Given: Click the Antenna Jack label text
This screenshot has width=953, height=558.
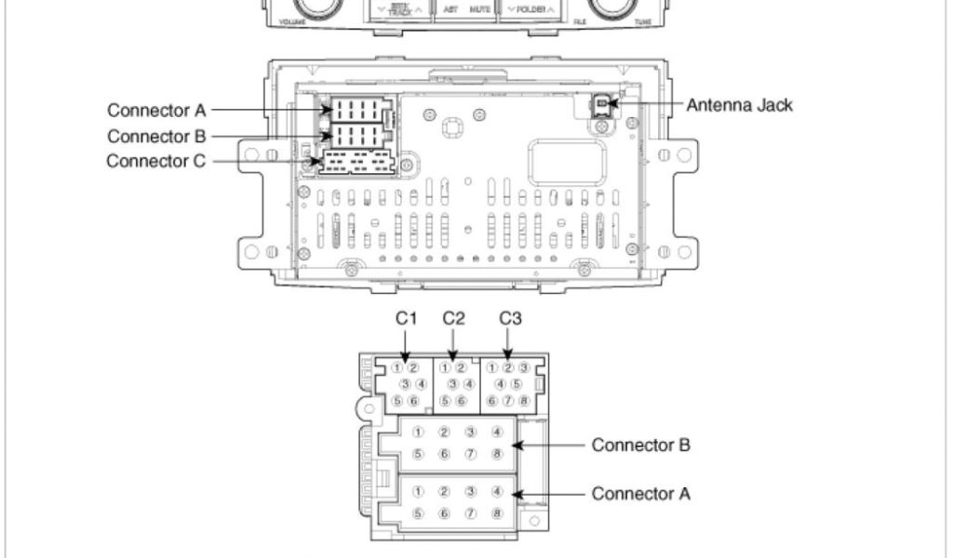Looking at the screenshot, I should click(x=739, y=105).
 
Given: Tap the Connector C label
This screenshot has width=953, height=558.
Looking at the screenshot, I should click(x=155, y=161).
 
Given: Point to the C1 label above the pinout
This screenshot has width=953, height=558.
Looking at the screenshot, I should click(x=406, y=319).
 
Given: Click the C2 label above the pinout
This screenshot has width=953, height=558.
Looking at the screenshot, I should click(x=453, y=319).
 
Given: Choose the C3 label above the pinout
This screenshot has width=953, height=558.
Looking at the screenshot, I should click(x=509, y=319).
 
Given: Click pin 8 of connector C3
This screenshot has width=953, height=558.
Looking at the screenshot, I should click(x=524, y=401).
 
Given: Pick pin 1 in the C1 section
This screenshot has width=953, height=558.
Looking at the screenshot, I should click(x=397, y=367).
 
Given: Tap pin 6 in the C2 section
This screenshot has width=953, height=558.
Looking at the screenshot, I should click(x=460, y=401).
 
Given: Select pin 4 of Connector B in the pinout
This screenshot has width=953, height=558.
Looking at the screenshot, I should click(x=498, y=432).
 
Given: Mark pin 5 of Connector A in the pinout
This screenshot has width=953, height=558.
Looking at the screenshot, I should click(x=419, y=512).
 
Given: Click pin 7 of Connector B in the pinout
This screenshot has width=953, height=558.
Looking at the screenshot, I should click(x=472, y=454).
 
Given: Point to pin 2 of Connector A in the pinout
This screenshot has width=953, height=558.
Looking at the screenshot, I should click(x=445, y=490).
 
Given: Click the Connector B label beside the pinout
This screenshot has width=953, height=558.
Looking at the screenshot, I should click(x=640, y=445).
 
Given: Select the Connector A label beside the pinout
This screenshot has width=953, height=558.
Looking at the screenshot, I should click(x=640, y=493).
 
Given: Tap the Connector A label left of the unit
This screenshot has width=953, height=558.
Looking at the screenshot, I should click(x=155, y=111).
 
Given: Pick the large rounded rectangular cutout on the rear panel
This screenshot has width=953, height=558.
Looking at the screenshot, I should click(x=567, y=162).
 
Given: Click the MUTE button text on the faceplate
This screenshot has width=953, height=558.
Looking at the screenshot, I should click(x=480, y=8).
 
